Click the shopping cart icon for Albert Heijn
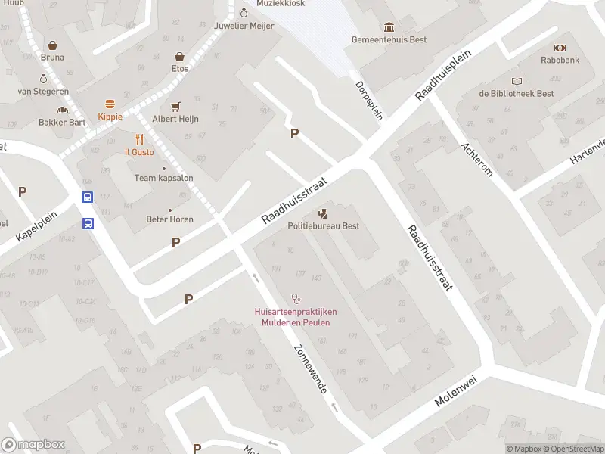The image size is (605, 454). [x=175, y=107]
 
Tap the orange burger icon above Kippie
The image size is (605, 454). [x=110, y=104]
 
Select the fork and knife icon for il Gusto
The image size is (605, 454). [x=139, y=139]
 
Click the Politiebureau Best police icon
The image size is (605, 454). [x=323, y=213]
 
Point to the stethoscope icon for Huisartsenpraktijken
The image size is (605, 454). [x=295, y=300]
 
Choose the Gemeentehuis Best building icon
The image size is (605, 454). [x=389, y=27]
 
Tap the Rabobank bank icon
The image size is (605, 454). [x=560, y=48]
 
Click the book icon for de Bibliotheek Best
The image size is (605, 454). [x=517, y=82]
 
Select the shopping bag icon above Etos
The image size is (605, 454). [x=180, y=56]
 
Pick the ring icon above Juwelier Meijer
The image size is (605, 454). [x=244, y=12]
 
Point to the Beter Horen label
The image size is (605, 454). [x=169, y=219]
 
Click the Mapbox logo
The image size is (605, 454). [x=33, y=445]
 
